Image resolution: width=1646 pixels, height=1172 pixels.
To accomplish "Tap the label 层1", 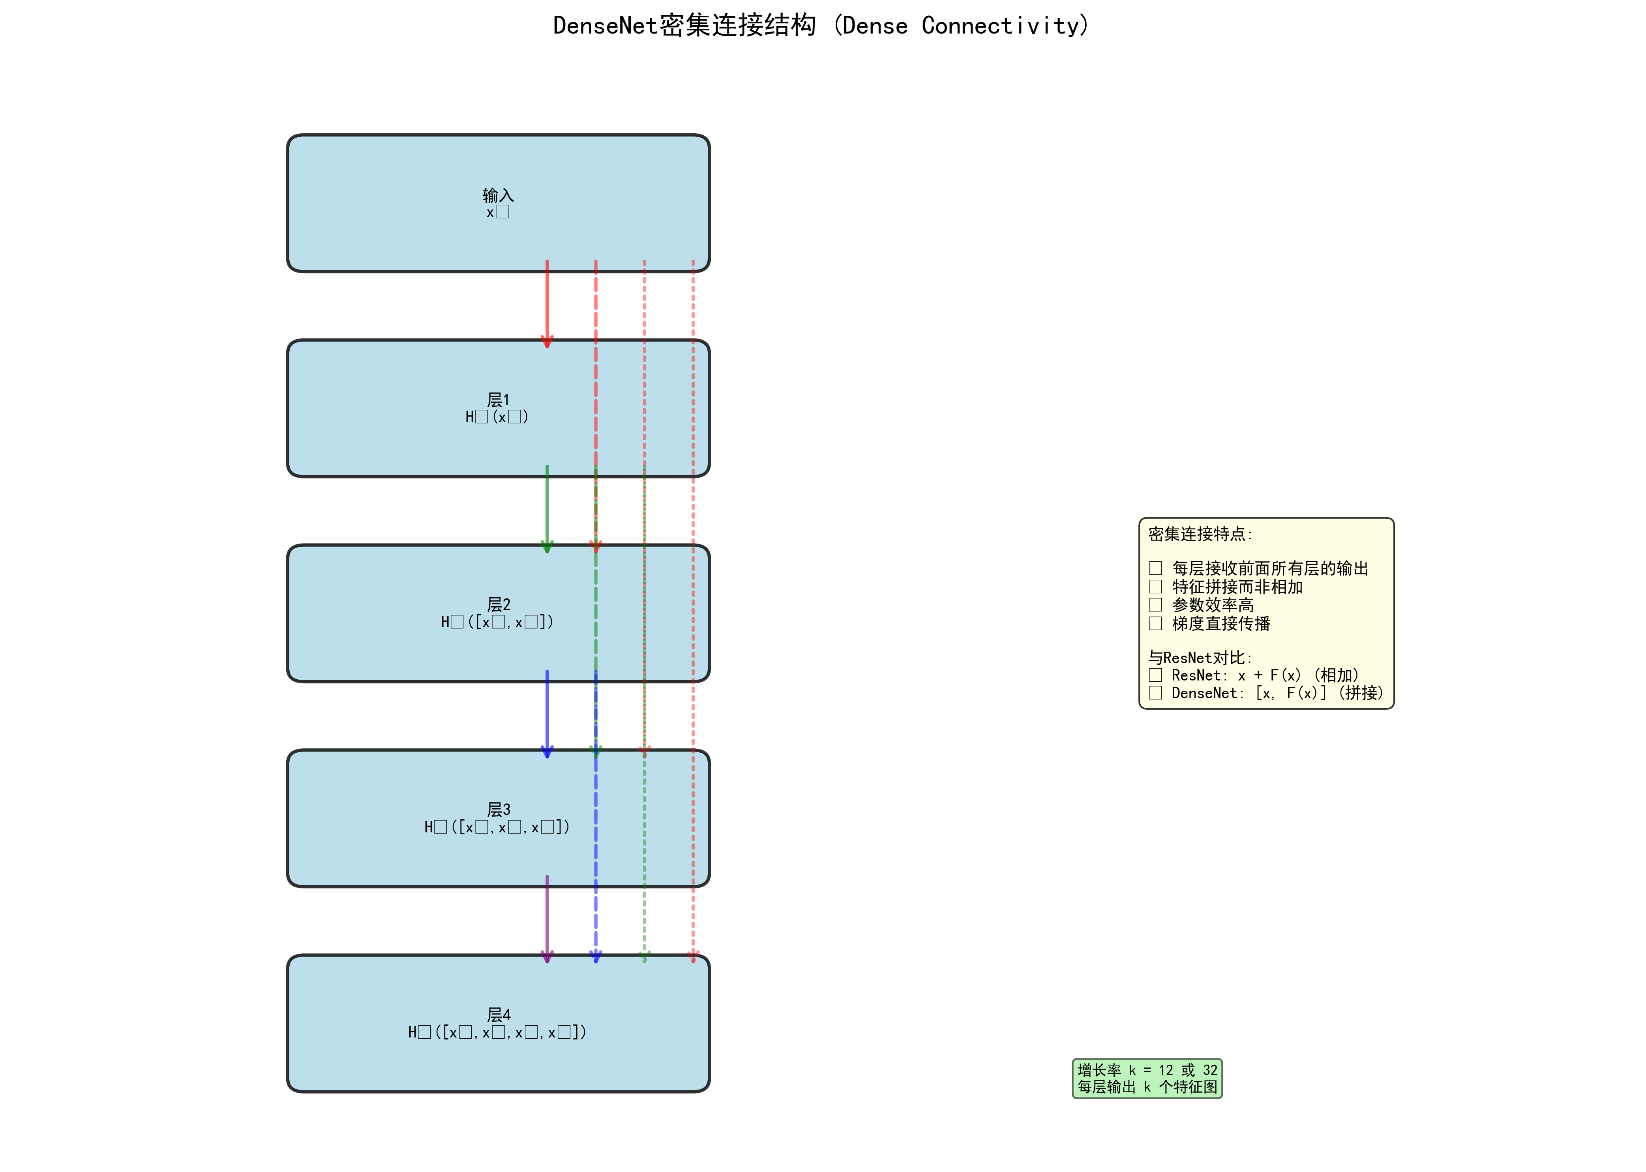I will click(498, 400).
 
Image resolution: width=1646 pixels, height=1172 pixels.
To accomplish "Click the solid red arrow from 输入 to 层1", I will click(547, 303).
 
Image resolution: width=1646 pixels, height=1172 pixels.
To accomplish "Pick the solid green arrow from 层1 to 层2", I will click(547, 509).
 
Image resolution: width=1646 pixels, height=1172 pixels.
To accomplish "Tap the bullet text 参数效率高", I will click(1213, 605).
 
